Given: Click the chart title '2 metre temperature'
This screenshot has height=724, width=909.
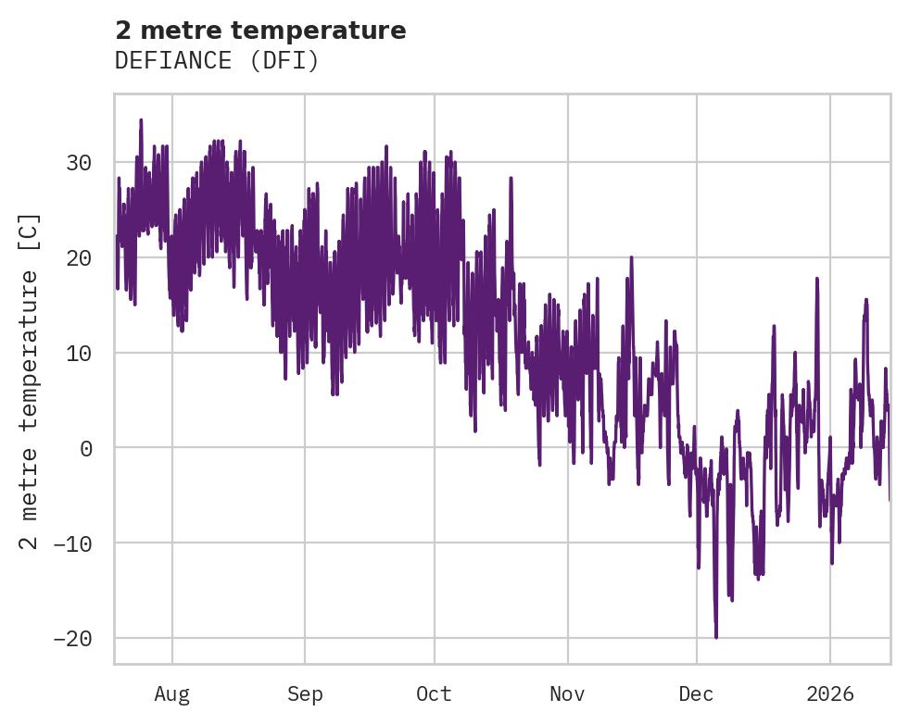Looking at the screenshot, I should click(260, 31).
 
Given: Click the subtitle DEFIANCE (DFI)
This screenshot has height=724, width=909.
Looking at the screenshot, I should click(217, 61).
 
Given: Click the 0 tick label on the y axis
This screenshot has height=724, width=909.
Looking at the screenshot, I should click(85, 448).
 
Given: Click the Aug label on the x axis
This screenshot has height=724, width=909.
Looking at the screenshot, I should click(172, 693).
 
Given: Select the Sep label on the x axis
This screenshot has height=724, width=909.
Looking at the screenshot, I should click(305, 693).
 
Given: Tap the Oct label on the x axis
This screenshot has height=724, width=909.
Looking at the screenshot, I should click(434, 693).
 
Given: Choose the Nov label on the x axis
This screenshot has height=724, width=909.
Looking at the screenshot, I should click(567, 693).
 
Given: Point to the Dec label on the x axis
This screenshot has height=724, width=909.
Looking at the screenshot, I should click(696, 693).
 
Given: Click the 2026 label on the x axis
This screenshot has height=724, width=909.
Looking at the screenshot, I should click(830, 693).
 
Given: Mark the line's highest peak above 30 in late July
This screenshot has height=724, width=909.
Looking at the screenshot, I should click(141, 120).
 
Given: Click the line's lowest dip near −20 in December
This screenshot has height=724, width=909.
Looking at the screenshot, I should click(716, 636).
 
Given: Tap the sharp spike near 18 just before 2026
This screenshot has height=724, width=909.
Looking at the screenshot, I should click(817, 279).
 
